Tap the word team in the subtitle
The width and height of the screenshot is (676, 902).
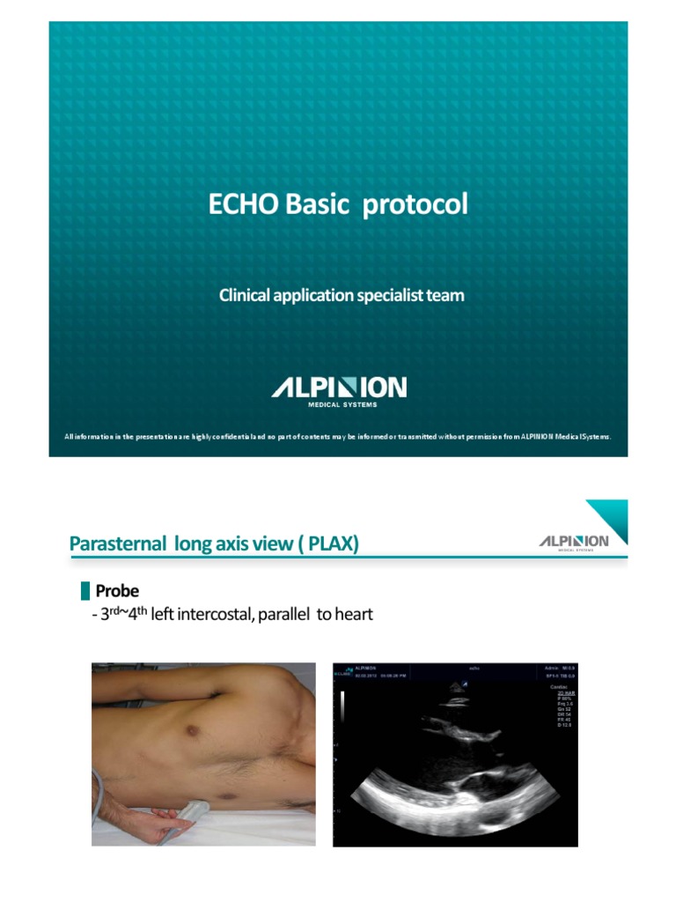tap(445, 296)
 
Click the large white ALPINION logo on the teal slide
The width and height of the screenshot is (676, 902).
tap(338, 388)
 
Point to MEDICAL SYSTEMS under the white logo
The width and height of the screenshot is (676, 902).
tap(342, 405)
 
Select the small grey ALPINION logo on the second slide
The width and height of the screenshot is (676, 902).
tap(573, 541)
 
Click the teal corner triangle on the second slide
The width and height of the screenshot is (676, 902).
tap(613, 515)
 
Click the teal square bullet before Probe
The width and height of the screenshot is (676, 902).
tap(84, 590)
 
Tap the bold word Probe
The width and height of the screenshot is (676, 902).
tap(117, 591)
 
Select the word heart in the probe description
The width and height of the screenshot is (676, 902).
tap(353, 614)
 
